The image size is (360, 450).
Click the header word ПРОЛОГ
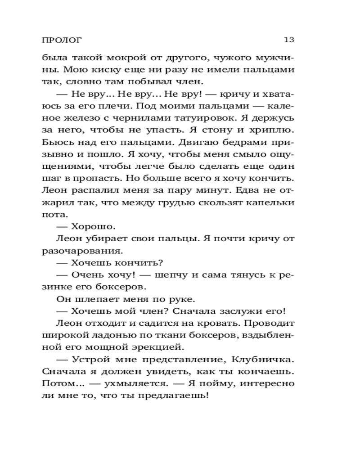click(x=62, y=40)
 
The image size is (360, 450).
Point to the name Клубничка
click(x=265, y=360)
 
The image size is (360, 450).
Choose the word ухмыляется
click(x=143, y=384)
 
